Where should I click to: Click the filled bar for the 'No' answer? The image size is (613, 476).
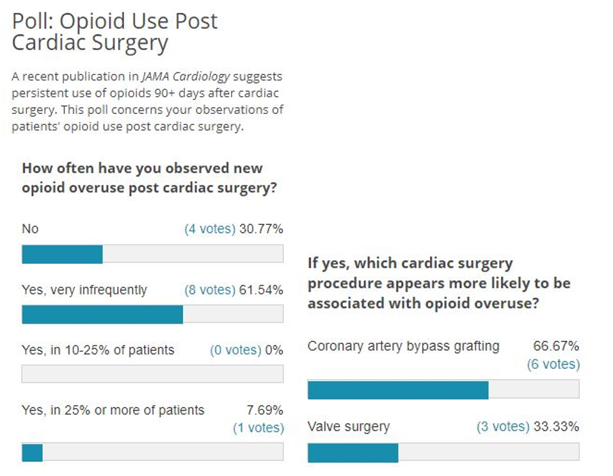62,254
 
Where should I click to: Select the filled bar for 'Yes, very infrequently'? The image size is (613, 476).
102,315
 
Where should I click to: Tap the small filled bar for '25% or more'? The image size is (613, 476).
32,452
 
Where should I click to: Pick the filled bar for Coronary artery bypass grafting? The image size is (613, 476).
398,390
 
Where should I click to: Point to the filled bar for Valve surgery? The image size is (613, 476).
353,453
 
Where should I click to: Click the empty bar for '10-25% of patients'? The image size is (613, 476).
152,374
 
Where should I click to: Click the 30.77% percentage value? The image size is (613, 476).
261,229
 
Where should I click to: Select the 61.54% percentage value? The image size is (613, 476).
261,290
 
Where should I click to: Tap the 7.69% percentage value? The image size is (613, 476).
265,410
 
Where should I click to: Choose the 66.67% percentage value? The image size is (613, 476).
556,347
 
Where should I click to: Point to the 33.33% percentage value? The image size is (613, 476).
556,427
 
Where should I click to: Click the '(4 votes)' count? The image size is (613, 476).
210,229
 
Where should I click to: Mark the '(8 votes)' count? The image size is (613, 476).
210,290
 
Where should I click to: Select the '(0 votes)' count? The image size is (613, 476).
235,350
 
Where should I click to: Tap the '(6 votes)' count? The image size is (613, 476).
553,365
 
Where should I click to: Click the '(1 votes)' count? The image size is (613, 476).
258,427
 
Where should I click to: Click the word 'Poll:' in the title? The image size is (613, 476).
33,21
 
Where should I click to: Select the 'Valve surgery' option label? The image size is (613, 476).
349,427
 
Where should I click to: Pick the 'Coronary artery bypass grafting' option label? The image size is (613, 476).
403,347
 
